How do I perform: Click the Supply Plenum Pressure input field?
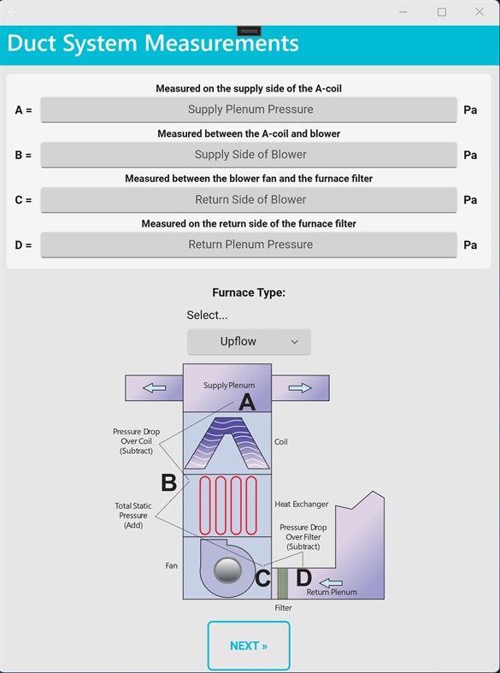point(249,109)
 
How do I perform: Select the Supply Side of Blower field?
point(249,155)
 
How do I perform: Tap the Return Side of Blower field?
point(249,199)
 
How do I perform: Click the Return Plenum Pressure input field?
point(249,245)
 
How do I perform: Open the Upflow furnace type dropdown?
point(249,341)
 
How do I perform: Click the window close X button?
point(479,12)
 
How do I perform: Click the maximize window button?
point(442,12)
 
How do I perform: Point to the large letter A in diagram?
point(246,402)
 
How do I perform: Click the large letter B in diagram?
point(169,483)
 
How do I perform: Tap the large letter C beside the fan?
point(263,579)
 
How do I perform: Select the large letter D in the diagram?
point(303,578)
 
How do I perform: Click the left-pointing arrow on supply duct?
point(155,387)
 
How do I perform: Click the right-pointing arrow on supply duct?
point(300,387)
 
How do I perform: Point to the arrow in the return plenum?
point(330,583)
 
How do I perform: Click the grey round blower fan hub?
point(226,570)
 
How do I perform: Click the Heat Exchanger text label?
point(301,505)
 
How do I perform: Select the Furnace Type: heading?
point(249,292)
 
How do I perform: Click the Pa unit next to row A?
point(470,110)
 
